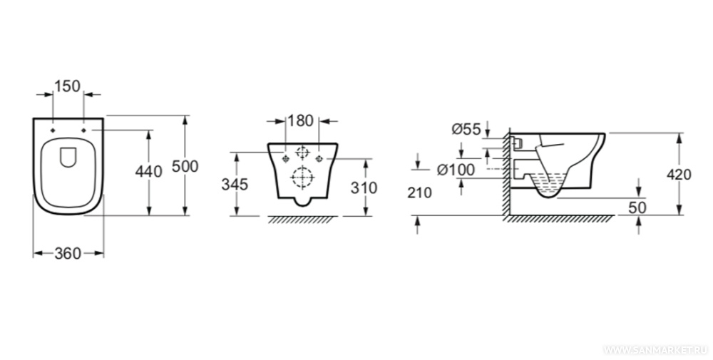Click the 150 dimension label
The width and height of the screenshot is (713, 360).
point(67,86)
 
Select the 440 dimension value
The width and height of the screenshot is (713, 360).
point(148,172)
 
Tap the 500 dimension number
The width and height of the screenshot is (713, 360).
point(185,166)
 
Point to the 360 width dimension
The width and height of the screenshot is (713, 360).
point(68,254)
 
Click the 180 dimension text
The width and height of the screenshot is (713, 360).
point(301,121)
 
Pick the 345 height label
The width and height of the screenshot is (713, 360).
point(235,185)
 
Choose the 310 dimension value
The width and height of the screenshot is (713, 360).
point(364,187)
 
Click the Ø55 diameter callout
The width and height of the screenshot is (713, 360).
point(466,130)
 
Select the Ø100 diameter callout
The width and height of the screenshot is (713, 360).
point(456,170)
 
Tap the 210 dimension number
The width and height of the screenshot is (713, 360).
point(420,192)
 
